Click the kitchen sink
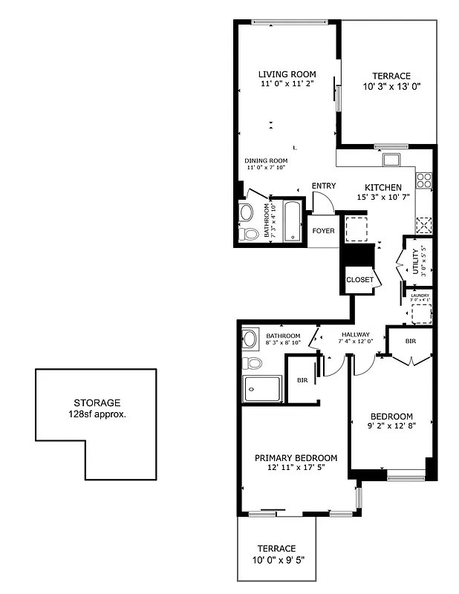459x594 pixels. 391,158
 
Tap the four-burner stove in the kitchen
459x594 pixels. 424,179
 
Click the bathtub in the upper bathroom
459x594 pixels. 292,221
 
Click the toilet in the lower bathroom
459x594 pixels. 253,363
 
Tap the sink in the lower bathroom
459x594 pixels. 250,339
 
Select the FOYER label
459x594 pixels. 323,231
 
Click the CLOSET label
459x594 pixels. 360,280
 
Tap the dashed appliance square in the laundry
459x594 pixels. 421,315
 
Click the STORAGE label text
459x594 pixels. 97,403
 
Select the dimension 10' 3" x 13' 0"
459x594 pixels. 391,87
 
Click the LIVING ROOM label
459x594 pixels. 287,74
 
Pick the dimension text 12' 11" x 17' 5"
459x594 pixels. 296,468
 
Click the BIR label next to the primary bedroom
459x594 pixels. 302,379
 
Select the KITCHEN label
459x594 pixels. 383,187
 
